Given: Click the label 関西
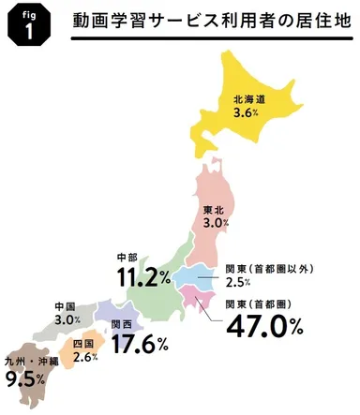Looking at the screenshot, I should click(x=121, y=324).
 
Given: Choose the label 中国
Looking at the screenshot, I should click(x=66, y=306).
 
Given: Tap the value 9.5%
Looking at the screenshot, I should click(x=27, y=380).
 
